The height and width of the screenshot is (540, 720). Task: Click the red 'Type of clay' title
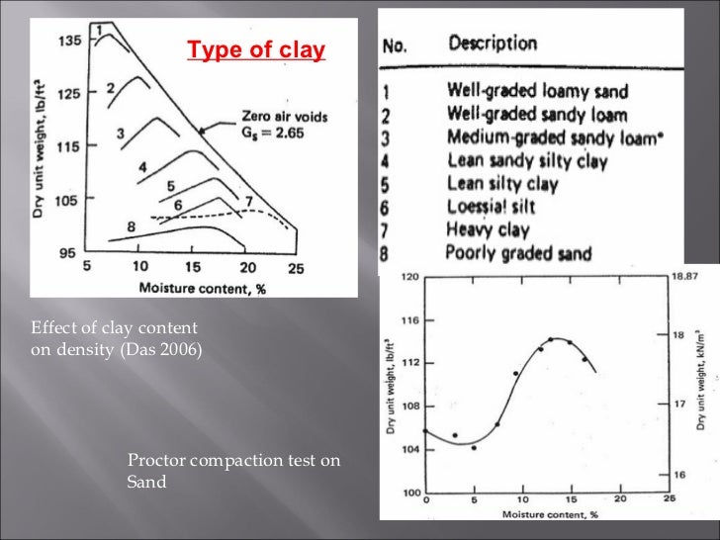pyautogui.click(x=256, y=50)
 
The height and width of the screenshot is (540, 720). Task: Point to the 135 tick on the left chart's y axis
pyautogui.click(x=68, y=42)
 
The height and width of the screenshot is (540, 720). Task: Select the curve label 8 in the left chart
pyautogui.click(x=131, y=226)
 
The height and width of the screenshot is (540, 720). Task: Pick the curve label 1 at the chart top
pyautogui.click(x=98, y=31)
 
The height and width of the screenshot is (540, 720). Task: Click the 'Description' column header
pyautogui.click(x=493, y=44)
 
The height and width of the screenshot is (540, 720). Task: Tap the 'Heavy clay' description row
pyautogui.click(x=488, y=230)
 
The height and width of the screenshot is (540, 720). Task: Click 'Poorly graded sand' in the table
pyautogui.click(x=518, y=253)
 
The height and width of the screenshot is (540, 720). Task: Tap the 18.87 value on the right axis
pyautogui.click(x=683, y=279)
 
